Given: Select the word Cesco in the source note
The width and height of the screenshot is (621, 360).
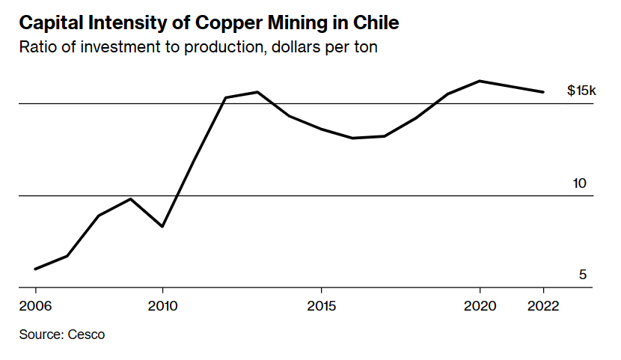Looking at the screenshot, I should click(86, 334).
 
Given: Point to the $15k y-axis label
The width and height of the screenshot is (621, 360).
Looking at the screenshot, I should click(581, 91).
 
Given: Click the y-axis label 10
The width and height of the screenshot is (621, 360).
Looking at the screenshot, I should click(580, 183).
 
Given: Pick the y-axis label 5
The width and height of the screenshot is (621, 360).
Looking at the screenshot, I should click(583, 275).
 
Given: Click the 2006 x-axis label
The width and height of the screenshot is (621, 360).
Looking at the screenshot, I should click(36, 307).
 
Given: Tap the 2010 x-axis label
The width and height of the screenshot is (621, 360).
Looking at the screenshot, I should click(162, 307).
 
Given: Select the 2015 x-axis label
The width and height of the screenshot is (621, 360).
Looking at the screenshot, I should click(321, 307).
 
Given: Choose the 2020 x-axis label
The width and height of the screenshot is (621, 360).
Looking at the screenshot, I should click(480, 307).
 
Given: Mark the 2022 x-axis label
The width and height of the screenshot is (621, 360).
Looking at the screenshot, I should click(543, 307).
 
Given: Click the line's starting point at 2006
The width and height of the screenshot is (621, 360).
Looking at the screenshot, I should click(36, 269).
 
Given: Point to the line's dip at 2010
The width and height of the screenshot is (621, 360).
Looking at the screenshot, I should click(162, 226).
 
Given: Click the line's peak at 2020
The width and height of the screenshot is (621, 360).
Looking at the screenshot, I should click(480, 81).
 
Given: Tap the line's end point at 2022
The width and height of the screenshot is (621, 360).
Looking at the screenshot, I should click(543, 92).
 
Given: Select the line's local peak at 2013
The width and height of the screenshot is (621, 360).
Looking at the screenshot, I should click(257, 92).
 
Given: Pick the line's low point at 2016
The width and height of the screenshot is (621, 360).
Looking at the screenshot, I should click(352, 138).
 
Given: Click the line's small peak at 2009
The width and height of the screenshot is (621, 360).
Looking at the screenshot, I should click(131, 198).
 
